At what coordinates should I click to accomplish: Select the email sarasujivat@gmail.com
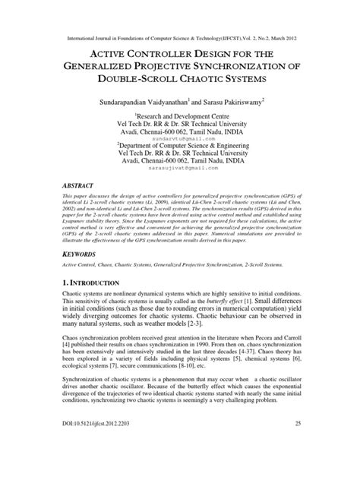[179, 174]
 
